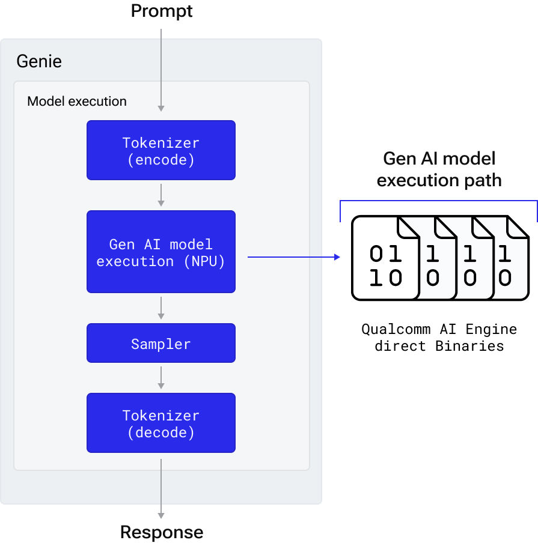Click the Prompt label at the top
pos(161,11)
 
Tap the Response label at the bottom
pos(161,532)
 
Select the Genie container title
pos(39,61)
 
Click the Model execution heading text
pos(77,101)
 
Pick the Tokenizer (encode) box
pos(161,150)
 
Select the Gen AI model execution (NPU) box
pos(161,252)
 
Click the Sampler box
pos(161,344)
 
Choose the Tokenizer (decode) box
pos(161,423)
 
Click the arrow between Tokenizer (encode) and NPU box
pos(161,195)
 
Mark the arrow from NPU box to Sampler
pos(161,308)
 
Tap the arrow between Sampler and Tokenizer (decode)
pos(161,377)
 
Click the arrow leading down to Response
pos(161,487)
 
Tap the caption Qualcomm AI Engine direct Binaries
pos(439,338)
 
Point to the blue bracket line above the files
pos(439,201)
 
